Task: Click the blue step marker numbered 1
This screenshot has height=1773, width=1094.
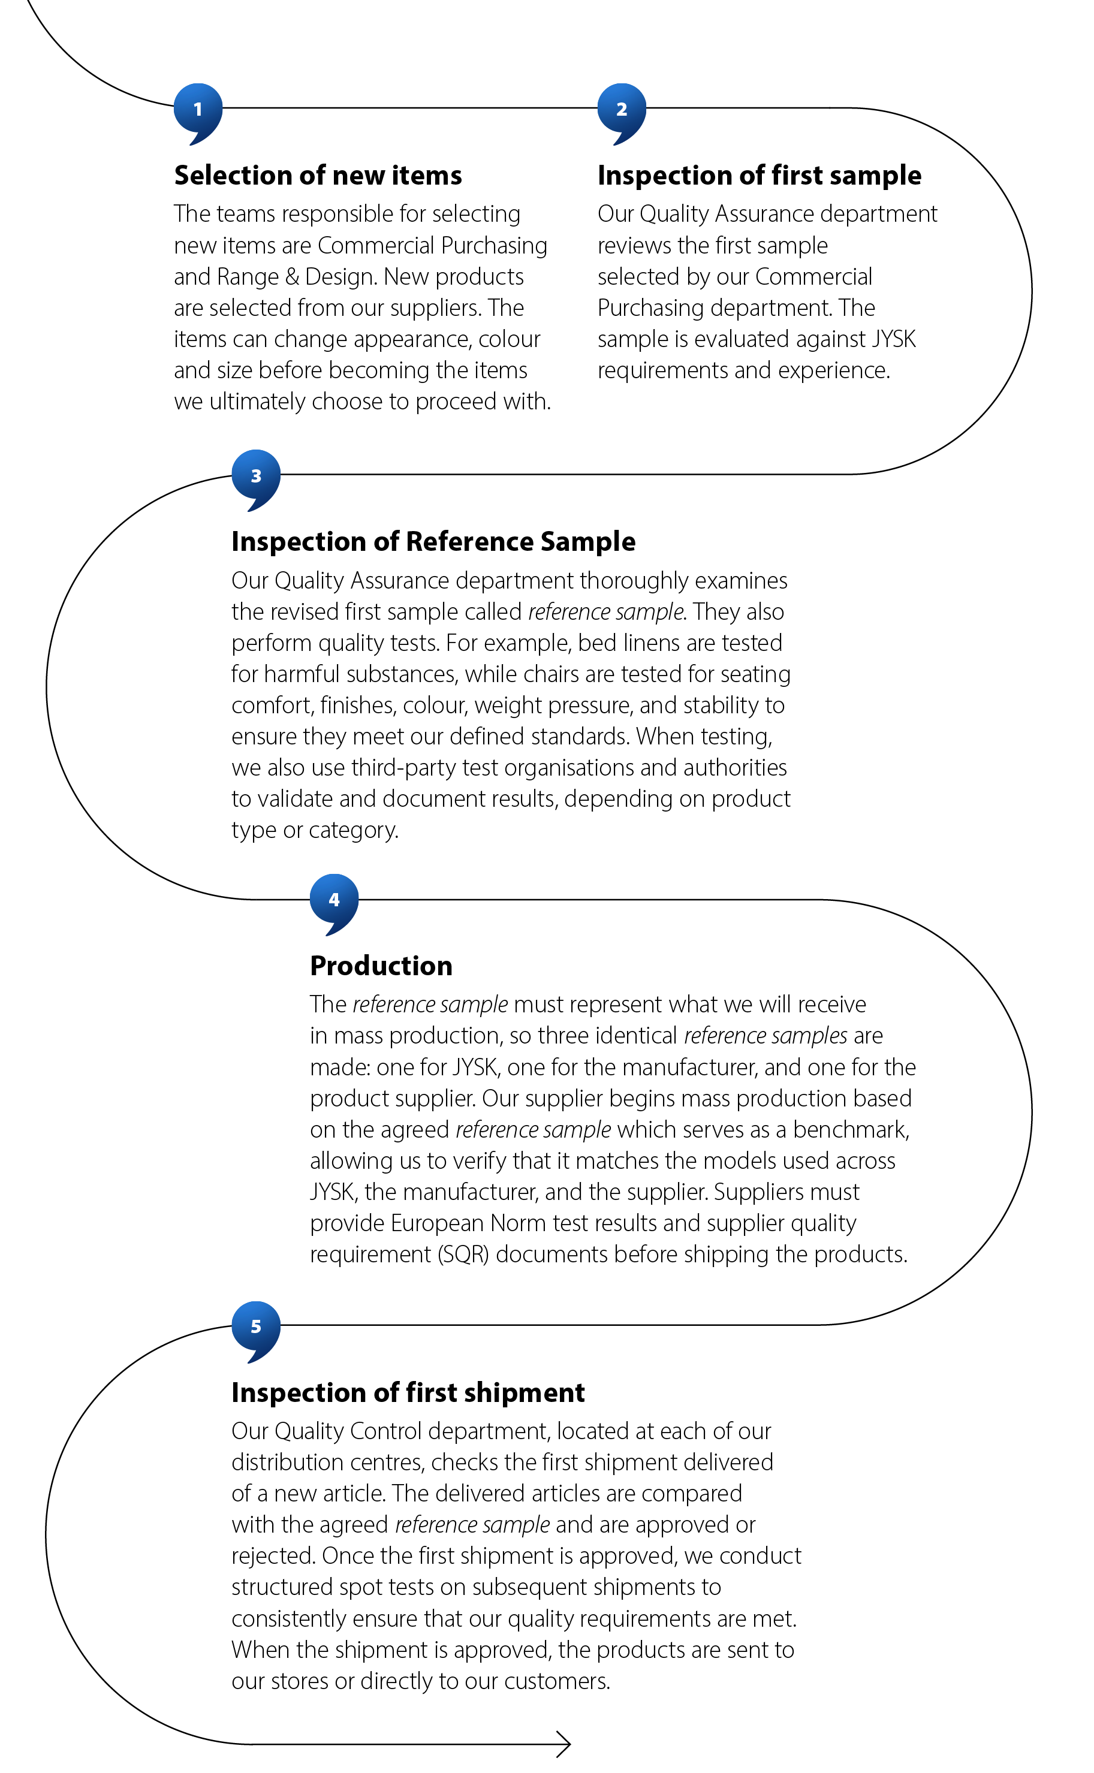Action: (x=198, y=109)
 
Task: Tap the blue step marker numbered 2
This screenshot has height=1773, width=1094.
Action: (x=621, y=109)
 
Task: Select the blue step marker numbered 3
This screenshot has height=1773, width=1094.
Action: (x=255, y=476)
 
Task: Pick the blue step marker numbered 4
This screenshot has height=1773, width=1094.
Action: (x=333, y=900)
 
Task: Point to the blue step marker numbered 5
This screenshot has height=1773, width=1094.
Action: (x=255, y=1326)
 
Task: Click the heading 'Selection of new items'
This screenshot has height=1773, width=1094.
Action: (x=318, y=176)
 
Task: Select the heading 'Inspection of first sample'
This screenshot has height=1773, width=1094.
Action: (x=759, y=176)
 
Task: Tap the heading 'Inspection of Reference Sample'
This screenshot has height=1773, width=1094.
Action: (x=433, y=542)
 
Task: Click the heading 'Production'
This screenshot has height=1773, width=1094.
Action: (x=381, y=966)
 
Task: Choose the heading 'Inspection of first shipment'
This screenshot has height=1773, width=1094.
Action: (x=408, y=1393)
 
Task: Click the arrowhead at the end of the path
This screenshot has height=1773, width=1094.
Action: (x=564, y=1744)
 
